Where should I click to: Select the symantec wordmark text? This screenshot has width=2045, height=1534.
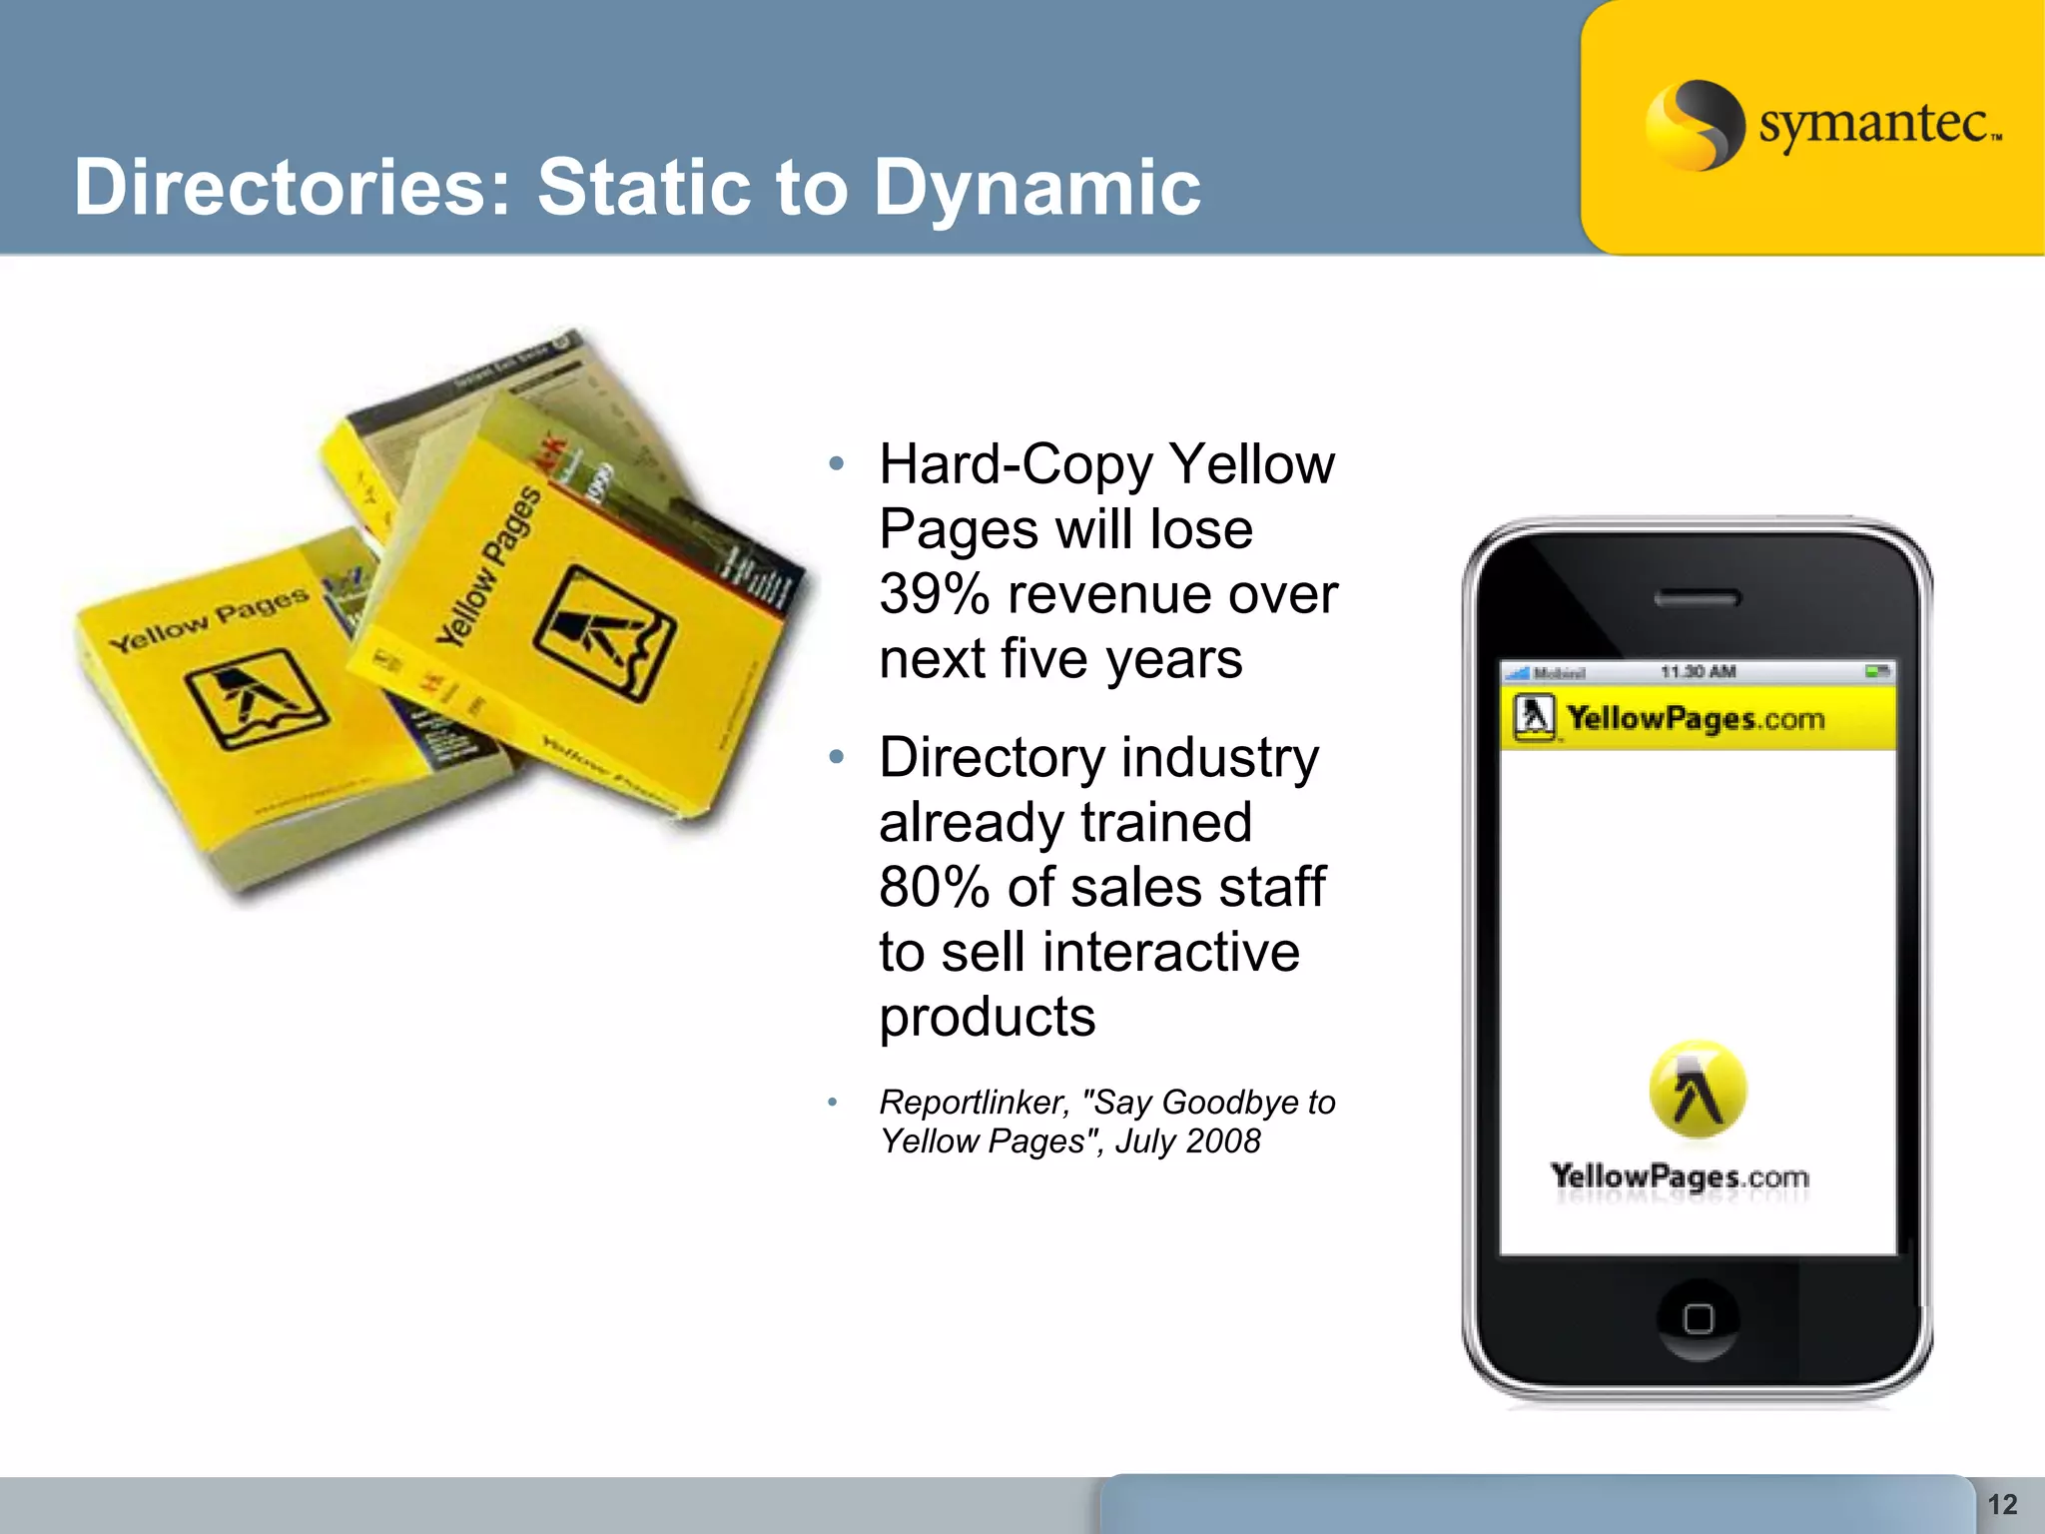pos(1877,125)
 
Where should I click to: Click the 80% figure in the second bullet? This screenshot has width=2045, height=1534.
pos(935,887)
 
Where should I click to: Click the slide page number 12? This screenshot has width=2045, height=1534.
pos(2002,1504)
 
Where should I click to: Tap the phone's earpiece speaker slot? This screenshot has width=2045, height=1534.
pos(1698,598)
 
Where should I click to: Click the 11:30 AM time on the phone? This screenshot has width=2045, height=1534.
pos(1698,672)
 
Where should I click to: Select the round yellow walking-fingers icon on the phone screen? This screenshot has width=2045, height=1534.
pos(1698,1089)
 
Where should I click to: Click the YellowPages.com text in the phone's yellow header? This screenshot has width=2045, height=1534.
pos(1696,718)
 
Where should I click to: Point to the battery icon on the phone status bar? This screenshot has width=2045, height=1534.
pos(1877,672)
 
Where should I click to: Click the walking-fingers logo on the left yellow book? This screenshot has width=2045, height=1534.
pos(256,698)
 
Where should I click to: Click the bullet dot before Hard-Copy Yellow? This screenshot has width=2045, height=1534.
pos(837,463)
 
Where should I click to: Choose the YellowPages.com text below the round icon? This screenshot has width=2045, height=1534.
pos(1680,1176)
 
